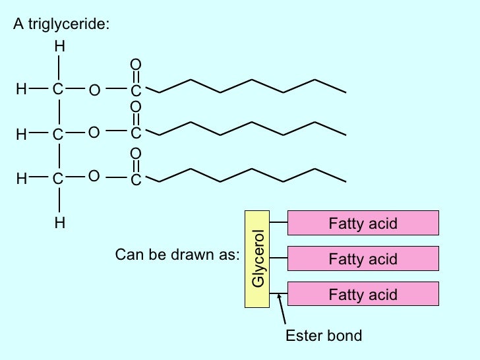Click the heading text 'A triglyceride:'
point(61,25)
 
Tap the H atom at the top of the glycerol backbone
point(59,47)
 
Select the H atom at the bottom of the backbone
point(59,224)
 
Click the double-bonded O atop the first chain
point(136,64)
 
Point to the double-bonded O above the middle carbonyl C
point(136,107)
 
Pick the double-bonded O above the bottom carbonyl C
point(136,153)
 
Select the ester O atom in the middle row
point(94,133)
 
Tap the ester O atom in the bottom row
point(94,177)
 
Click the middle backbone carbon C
point(58,135)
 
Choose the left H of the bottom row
point(20,178)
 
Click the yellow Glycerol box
point(258,259)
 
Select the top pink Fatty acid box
point(363,224)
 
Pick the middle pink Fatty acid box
point(363,258)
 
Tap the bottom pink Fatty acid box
point(363,293)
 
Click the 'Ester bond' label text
point(323,336)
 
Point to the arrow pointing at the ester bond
point(282,309)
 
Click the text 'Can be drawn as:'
point(176,255)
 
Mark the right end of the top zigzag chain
point(345,92)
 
